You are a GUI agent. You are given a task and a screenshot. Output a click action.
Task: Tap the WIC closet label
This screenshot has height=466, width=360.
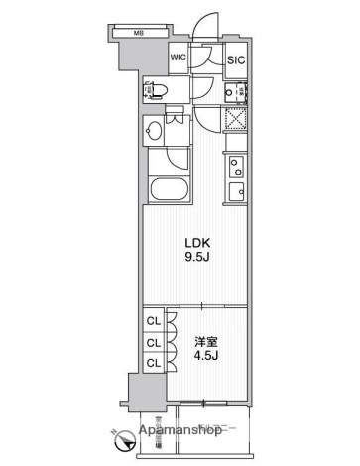click(x=179, y=58)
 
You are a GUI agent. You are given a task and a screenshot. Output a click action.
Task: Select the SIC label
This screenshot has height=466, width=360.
click(x=235, y=59)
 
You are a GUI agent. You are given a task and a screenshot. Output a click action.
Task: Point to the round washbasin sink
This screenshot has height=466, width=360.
click(x=155, y=132)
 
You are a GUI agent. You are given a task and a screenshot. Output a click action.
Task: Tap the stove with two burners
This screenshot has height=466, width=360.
click(x=236, y=166)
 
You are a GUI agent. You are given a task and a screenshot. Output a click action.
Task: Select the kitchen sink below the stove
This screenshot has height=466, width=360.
click(x=236, y=191)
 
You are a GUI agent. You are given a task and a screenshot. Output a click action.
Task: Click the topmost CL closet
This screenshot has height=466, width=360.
click(x=154, y=320)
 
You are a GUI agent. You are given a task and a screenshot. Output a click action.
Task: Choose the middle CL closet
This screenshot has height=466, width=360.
click(x=154, y=342)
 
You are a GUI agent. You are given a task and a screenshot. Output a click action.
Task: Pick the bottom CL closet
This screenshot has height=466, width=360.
click(x=154, y=363)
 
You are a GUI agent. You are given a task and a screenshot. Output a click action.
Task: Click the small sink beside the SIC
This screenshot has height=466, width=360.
click(x=235, y=92)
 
